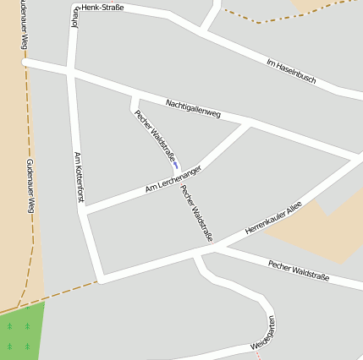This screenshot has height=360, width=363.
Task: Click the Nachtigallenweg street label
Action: click(x=193, y=107)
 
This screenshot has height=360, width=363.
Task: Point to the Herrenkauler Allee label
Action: click(x=273, y=218)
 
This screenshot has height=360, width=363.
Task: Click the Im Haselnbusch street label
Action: click(x=290, y=72)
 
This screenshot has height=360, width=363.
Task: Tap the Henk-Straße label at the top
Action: click(x=102, y=8)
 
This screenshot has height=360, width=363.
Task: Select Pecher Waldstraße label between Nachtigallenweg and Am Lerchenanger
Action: click(x=155, y=135)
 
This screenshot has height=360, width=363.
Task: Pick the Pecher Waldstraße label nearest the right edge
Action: click(x=298, y=270)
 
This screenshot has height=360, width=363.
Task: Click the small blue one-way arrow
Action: click(x=175, y=165)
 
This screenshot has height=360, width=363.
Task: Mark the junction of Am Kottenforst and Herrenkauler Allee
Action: click(x=100, y=277)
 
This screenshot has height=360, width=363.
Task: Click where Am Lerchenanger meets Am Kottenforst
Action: click(x=85, y=209)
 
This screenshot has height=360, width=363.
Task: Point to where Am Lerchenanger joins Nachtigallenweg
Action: click(x=249, y=125)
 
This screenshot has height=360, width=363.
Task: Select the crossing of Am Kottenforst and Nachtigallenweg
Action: click(x=71, y=74)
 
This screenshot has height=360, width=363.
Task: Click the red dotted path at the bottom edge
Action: click(x=260, y=354)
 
